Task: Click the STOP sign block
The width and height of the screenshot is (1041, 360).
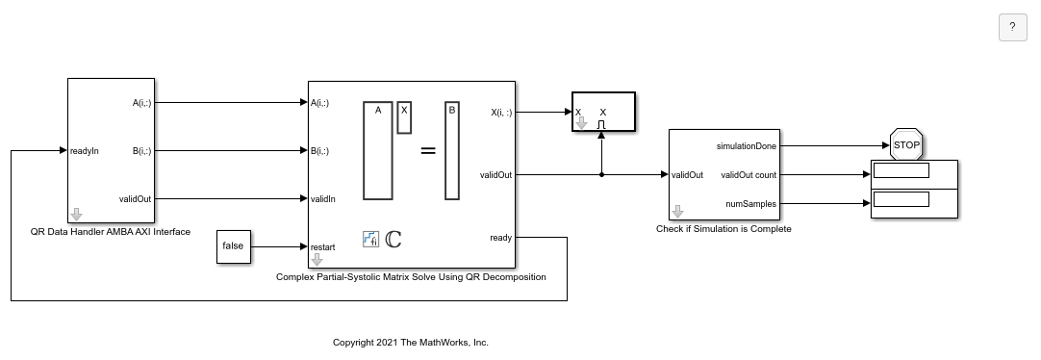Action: [x=906, y=144]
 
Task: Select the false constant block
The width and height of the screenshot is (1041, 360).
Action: [x=234, y=246]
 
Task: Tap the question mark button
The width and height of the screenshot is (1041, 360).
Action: [x=1012, y=27]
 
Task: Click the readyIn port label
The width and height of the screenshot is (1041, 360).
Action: [x=85, y=151]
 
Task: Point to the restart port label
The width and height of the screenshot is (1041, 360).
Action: [x=322, y=247]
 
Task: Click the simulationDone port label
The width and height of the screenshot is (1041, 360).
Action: [x=747, y=146]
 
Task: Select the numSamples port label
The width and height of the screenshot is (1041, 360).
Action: [x=750, y=204]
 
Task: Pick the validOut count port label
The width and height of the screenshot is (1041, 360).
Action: [x=749, y=175]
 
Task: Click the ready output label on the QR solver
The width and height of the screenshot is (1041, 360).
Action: [x=500, y=238]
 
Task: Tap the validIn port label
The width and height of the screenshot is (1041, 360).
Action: [x=322, y=198]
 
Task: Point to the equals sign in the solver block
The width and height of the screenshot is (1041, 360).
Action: [x=428, y=151]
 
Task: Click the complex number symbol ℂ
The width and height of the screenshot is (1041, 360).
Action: [x=394, y=239]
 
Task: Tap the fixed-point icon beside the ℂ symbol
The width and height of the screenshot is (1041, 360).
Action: [x=370, y=239]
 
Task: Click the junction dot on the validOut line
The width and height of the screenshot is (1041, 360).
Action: [x=601, y=174]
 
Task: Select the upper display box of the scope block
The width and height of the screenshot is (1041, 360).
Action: [x=901, y=170]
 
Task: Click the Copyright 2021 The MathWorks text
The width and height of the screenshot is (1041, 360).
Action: [x=410, y=343]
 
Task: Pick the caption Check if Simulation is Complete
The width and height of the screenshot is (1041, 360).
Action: [x=724, y=229]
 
